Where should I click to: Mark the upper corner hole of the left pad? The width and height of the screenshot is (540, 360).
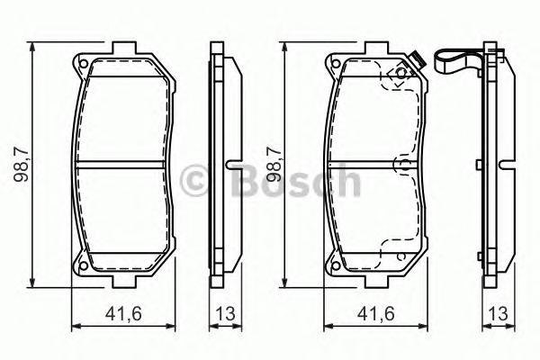tap(82, 65)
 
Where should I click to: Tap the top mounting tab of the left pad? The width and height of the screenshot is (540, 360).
tap(123, 49)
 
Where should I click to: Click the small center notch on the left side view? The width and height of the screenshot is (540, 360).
tap(231, 166)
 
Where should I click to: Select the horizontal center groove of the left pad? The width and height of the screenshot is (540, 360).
tap(123, 166)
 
